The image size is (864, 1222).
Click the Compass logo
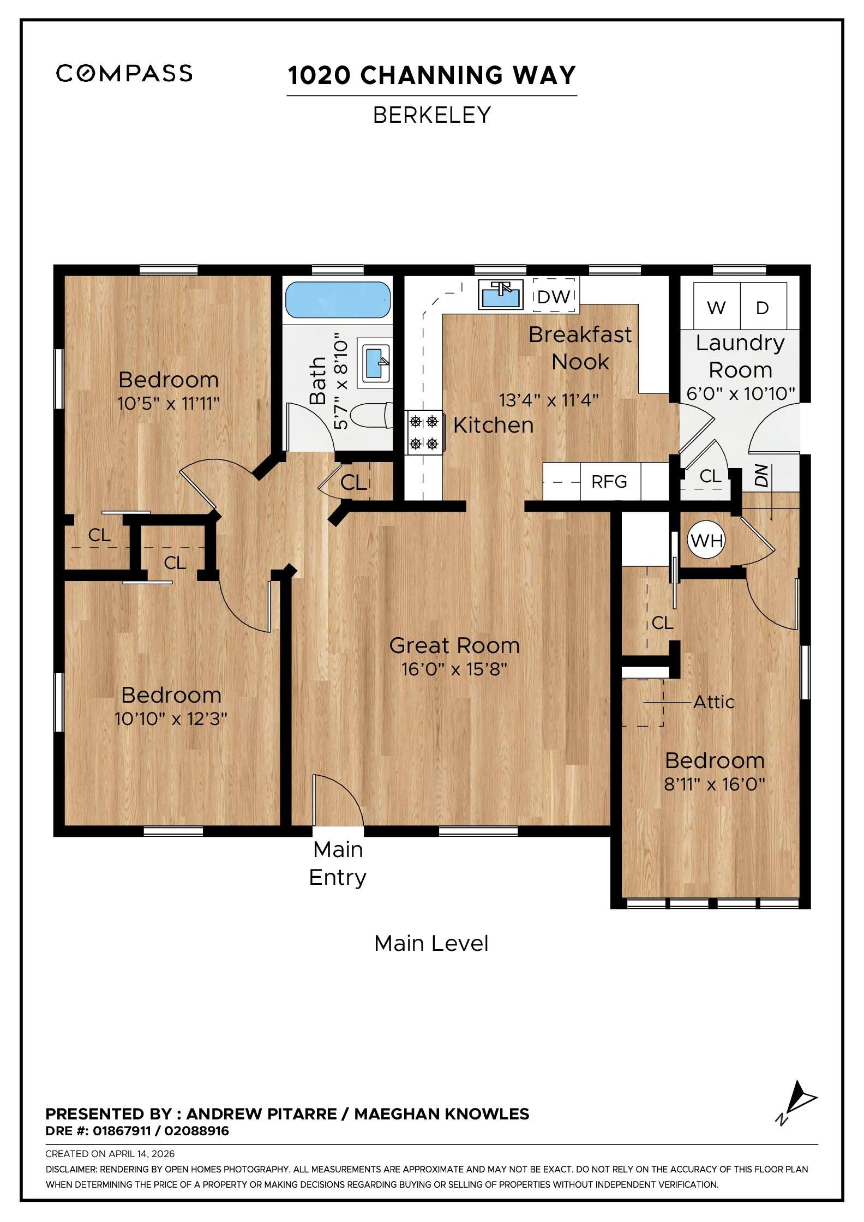[124, 73]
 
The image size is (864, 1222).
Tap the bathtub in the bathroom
[338, 299]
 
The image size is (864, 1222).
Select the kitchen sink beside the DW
[500, 295]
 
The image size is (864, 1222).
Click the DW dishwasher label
[554, 297]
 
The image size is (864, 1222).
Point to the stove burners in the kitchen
[424, 432]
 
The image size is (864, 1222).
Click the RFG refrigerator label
[609, 482]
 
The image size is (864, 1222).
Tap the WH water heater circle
[706, 541]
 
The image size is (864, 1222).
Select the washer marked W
[716, 308]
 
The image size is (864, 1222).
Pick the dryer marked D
[763, 308]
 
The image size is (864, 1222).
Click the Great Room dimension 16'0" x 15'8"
[454, 669]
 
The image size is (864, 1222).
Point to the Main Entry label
[338, 863]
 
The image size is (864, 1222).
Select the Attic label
[713, 702]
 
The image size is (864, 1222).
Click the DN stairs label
[761, 475]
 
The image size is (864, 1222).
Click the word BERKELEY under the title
[431, 115]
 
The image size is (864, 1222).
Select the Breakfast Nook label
[580, 348]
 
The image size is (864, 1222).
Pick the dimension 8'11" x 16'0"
[714, 784]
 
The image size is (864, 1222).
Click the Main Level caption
[431, 944]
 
